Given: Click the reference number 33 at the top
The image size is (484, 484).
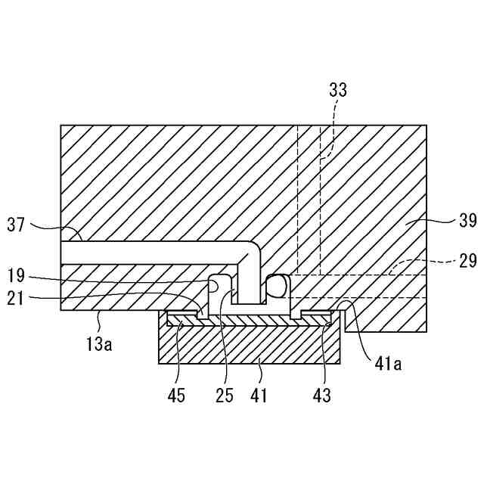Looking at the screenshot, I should point(338,90).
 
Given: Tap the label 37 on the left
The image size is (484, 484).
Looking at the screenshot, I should point(17,224).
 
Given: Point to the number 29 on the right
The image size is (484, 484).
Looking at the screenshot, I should point(468,261).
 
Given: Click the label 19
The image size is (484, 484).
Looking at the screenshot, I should point(17,275).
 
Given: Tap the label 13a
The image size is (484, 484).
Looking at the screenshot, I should point(98,344).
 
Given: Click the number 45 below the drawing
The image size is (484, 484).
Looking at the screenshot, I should point(175,395).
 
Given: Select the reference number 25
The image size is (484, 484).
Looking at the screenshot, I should point(225,395).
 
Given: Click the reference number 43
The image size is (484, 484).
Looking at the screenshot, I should point(321,395).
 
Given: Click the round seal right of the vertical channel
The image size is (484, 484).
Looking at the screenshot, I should point(278,286).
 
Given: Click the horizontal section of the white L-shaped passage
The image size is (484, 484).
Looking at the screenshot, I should point(151,252).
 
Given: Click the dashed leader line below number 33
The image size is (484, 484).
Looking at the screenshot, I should point(330,129).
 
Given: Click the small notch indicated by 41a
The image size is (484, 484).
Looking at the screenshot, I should point(345,306).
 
